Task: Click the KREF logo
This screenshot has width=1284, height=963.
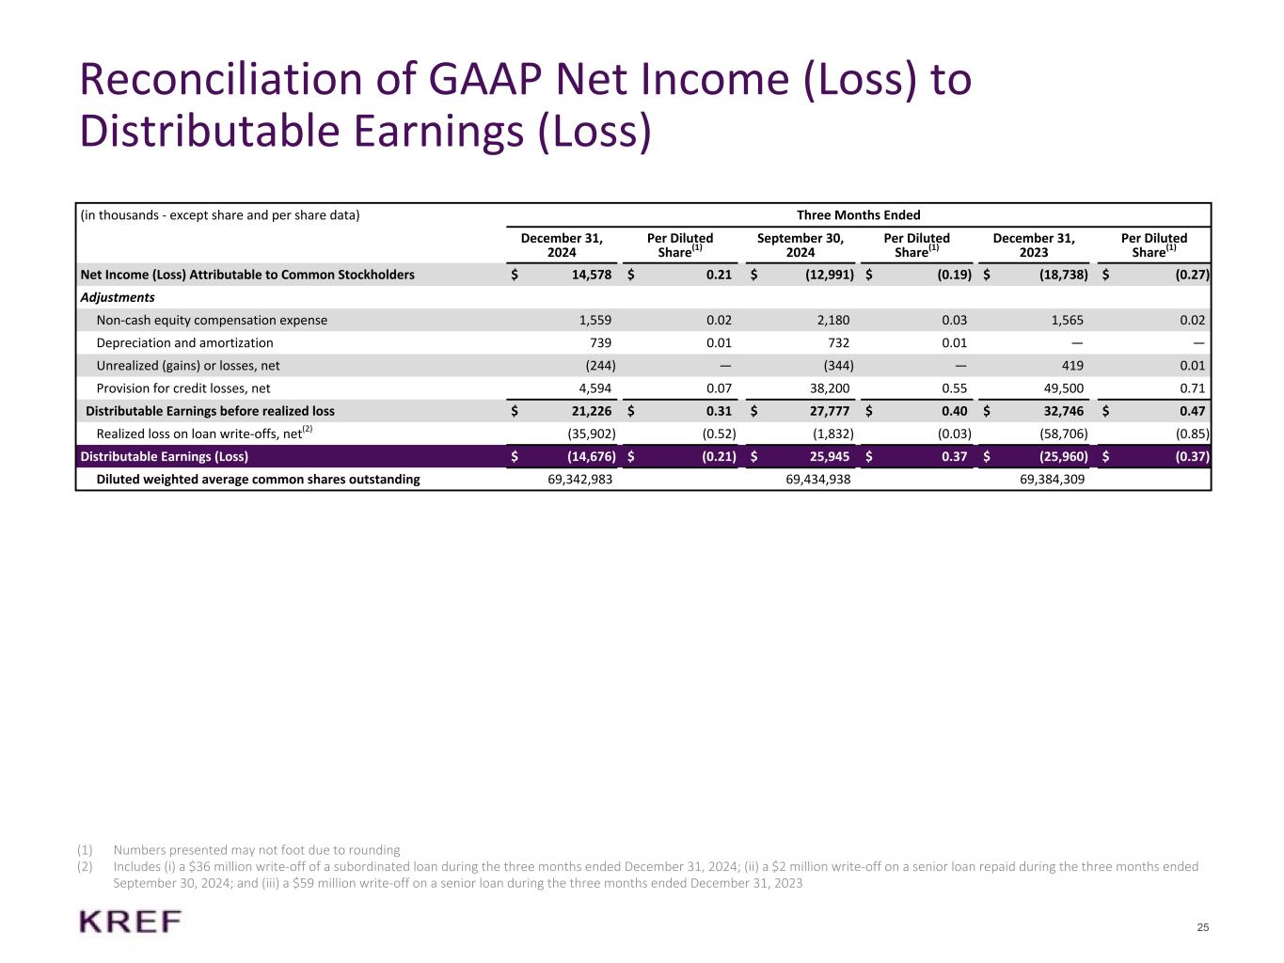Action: (x=131, y=922)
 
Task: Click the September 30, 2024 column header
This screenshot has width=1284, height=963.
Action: (x=801, y=245)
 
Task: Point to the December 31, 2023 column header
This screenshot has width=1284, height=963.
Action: (x=1034, y=245)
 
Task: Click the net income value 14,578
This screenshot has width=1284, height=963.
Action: (x=590, y=275)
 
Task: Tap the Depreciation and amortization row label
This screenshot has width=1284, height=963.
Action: (x=184, y=343)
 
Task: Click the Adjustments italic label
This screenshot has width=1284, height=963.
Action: (x=118, y=297)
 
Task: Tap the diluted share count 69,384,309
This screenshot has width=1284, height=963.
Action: (x=1046, y=480)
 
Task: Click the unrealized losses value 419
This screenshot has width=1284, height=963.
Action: (x=1072, y=366)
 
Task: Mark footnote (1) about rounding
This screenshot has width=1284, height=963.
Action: (x=256, y=850)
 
